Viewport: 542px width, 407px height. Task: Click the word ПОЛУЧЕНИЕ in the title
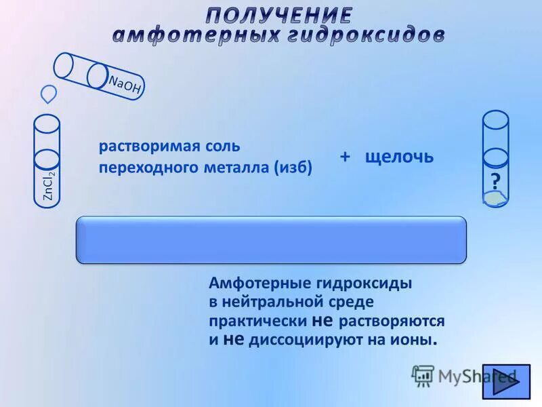279,15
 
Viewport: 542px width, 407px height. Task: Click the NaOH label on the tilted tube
124,84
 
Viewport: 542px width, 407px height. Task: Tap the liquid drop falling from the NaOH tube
49,92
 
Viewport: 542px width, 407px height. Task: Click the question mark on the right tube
495,182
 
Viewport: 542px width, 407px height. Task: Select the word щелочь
398,157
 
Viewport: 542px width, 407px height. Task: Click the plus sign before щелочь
345,157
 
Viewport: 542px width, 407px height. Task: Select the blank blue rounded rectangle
271,239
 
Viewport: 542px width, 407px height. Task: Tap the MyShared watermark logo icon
423,375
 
